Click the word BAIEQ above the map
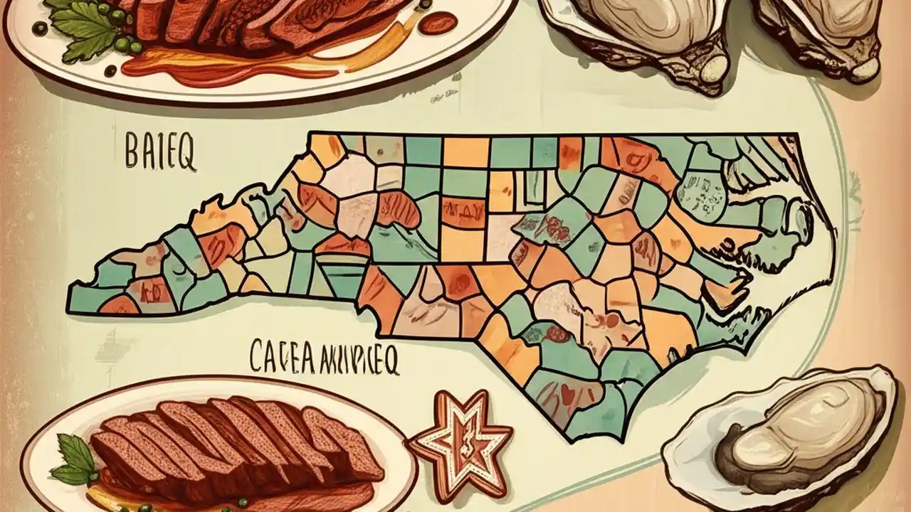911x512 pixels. point(160,154)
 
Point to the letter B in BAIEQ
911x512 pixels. point(132,154)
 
